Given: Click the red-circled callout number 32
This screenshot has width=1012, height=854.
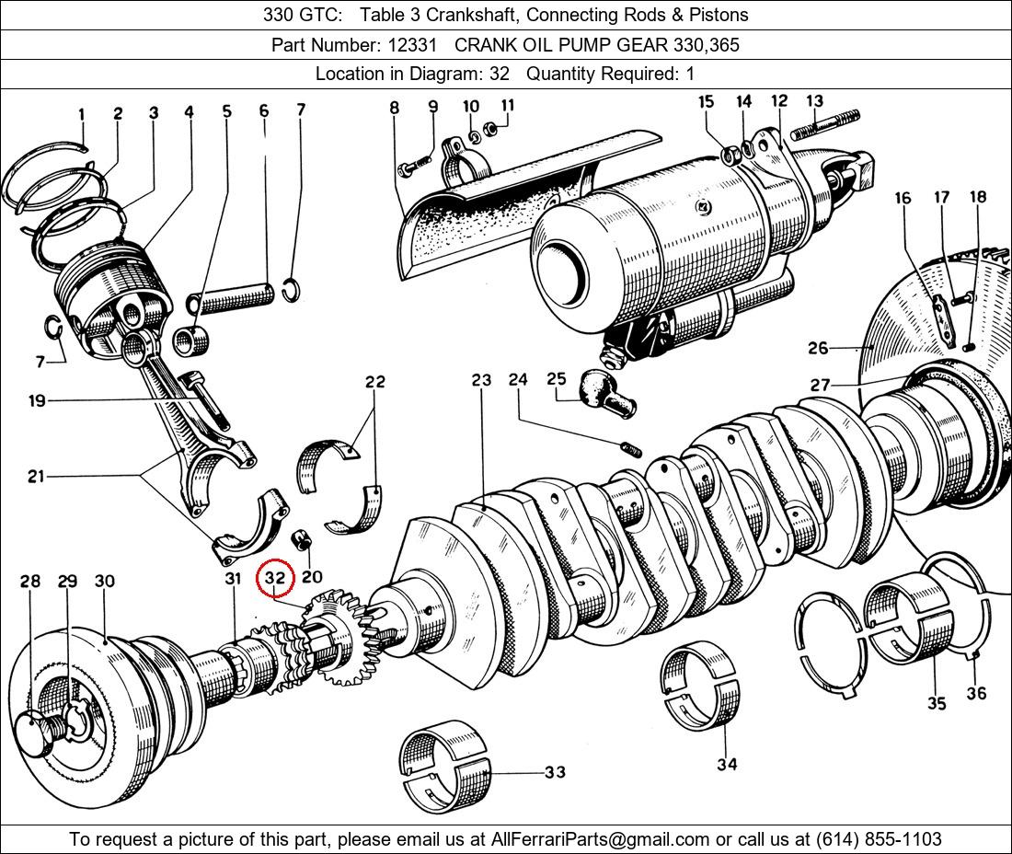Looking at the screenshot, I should click(276, 578).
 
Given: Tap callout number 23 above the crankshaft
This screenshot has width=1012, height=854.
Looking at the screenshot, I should click(481, 380).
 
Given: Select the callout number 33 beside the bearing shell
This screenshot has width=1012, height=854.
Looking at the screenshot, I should click(555, 772).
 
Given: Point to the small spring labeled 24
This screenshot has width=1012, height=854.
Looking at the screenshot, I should click(630, 449).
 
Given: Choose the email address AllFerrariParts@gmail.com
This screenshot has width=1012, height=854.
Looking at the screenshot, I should click(601, 839).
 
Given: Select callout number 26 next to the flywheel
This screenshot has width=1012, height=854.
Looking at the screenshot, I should click(818, 348).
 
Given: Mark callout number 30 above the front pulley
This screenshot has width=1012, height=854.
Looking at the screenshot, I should click(104, 582).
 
